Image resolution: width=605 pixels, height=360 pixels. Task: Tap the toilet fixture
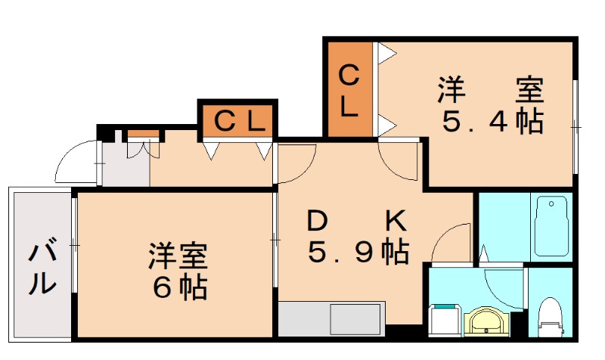550,316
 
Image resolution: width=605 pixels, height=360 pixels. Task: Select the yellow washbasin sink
483,321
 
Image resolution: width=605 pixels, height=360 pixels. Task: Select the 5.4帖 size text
492,121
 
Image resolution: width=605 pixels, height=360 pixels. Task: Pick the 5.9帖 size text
358,251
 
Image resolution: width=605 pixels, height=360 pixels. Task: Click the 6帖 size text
178,287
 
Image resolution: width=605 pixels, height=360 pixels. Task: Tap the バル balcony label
42,268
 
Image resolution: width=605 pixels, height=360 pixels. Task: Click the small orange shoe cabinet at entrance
144,135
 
